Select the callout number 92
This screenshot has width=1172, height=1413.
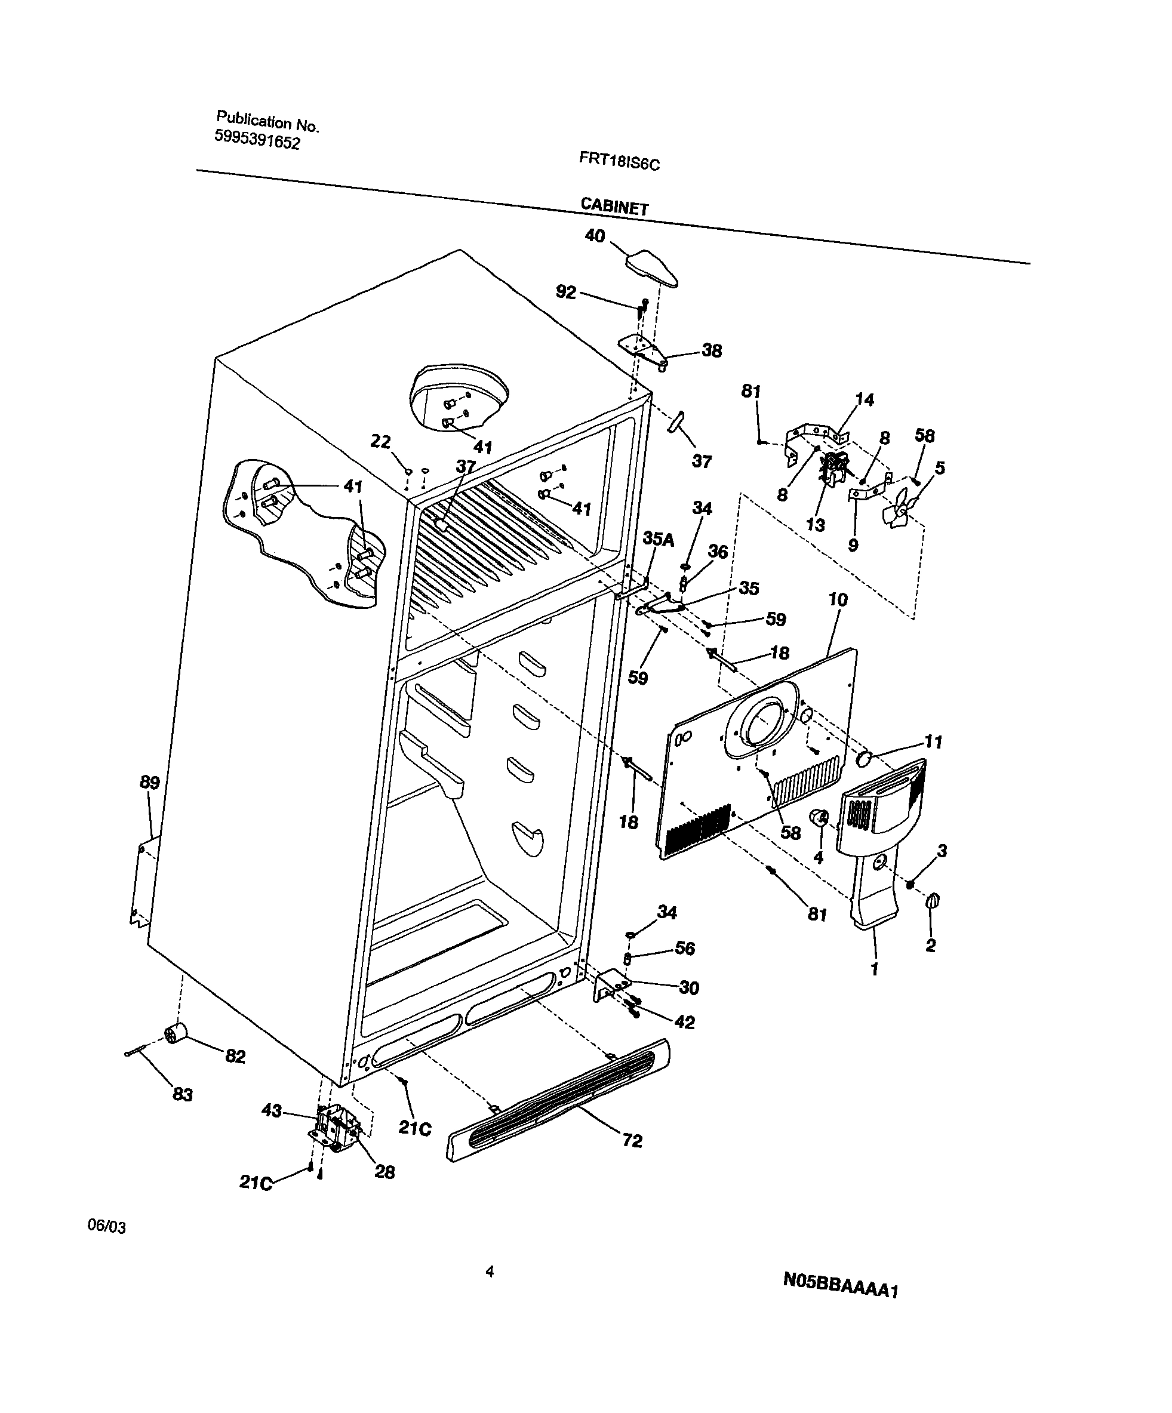pyautogui.click(x=566, y=292)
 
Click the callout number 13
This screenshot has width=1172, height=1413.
pyautogui.click(x=816, y=525)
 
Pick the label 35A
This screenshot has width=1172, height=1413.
pyautogui.click(x=658, y=539)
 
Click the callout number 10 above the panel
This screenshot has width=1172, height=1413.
pyautogui.click(x=838, y=599)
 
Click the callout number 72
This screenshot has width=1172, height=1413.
pyautogui.click(x=632, y=1141)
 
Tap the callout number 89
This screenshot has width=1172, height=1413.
pyautogui.click(x=149, y=783)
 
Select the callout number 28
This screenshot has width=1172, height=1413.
pyautogui.click(x=384, y=1172)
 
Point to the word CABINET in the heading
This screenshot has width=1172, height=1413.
pyautogui.click(x=614, y=206)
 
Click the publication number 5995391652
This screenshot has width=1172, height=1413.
pyautogui.click(x=257, y=139)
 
